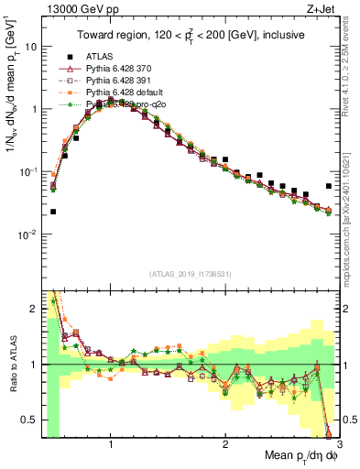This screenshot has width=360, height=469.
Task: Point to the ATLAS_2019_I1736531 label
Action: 191,274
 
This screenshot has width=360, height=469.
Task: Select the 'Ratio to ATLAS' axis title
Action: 10,364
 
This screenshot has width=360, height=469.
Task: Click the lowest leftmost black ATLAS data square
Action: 53,212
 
